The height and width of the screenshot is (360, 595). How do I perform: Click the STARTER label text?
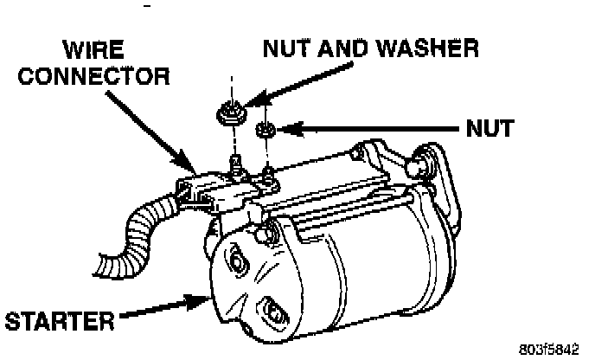point(59,322)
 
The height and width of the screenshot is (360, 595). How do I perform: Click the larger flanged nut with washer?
point(229,112)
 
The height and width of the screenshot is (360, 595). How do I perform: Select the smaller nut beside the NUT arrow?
point(266,131)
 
